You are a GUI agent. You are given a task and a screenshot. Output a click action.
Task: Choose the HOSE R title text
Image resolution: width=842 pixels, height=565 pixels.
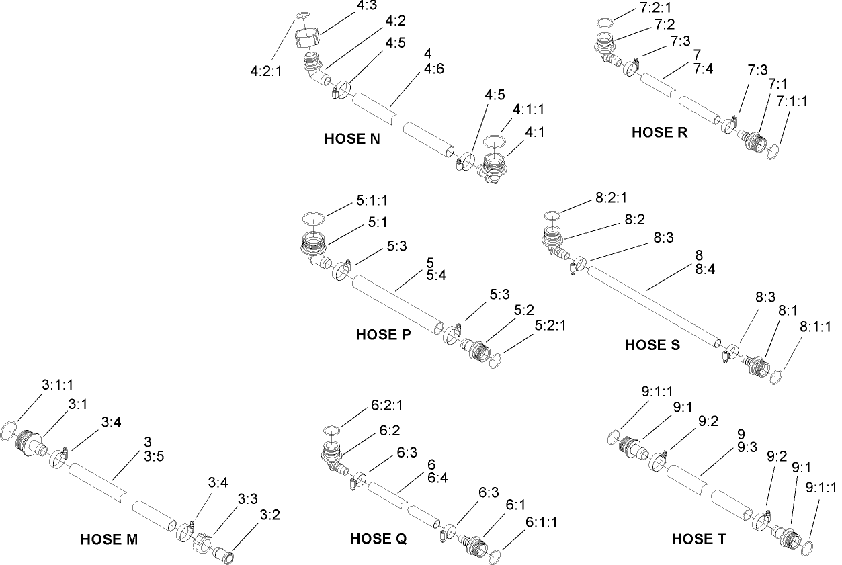tap(659, 132)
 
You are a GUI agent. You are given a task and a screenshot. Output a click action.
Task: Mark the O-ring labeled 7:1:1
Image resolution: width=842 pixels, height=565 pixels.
tap(774, 153)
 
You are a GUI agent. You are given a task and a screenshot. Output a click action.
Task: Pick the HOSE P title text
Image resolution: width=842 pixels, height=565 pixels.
tap(384, 334)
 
